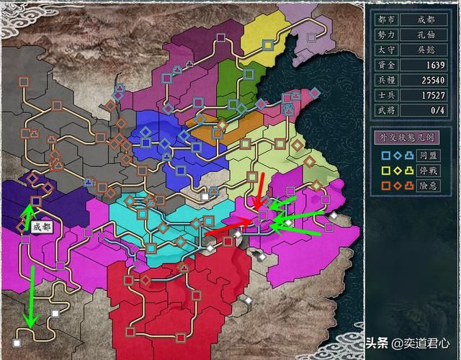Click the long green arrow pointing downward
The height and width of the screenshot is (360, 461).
[x=32, y=295]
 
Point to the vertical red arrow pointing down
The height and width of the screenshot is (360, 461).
[x=259, y=190]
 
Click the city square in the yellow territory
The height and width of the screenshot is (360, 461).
[x=267, y=45]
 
